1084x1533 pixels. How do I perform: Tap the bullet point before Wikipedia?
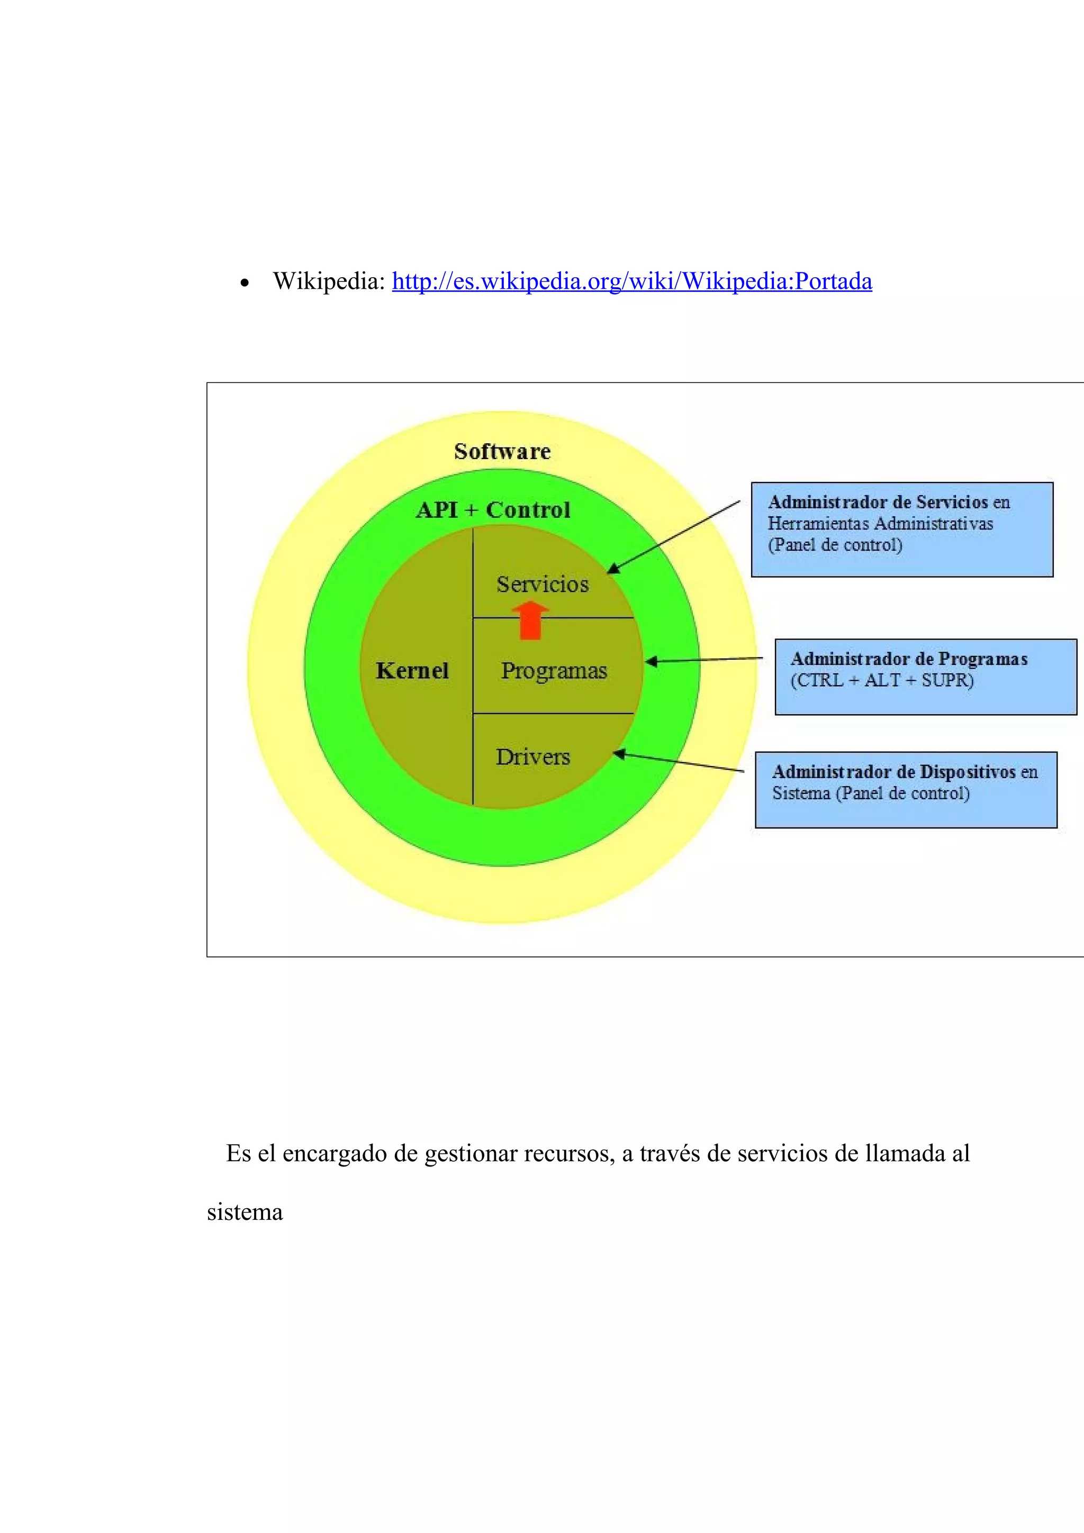245,284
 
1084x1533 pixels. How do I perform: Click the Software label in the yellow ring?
502,451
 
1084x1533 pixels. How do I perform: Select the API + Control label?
493,510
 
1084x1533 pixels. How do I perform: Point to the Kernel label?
412,670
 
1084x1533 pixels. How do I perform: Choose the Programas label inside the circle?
554,670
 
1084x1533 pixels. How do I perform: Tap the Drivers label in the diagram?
533,756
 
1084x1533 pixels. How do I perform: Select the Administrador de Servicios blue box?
902,530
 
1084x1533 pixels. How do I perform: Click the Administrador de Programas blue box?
925,677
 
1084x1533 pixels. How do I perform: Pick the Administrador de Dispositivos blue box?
906,790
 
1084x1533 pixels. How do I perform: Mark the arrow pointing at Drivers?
678,762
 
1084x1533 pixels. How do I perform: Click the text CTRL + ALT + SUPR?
882,680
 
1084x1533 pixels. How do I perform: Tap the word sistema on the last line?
245,1212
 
